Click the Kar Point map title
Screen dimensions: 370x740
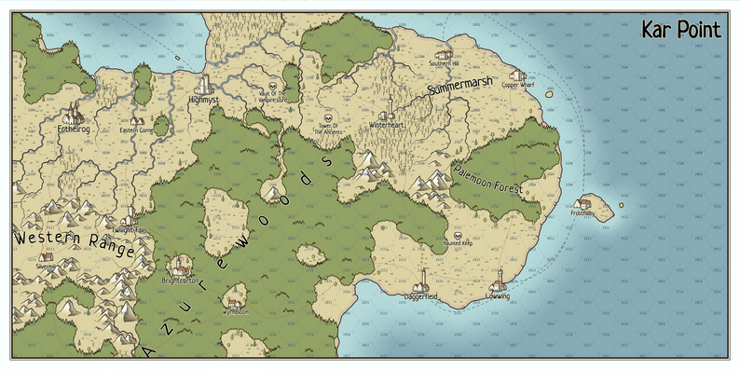click(680, 30)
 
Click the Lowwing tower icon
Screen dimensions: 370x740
click(499, 277)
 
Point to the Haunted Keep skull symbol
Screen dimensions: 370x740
click(457, 236)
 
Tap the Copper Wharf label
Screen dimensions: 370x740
click(518, 86)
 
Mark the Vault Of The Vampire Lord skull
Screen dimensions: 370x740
click(273, 83)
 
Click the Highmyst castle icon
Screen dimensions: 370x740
click(204, 87)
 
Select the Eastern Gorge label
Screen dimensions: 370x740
click(137, 130)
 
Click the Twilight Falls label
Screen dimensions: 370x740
click(130, 228)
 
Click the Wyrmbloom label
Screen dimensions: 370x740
click(236, 312)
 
